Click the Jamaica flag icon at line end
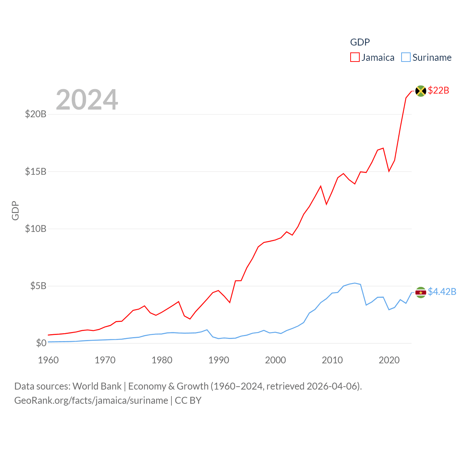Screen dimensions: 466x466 [x=420, y=91]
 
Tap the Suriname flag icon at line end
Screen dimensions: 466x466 [x=420, y=292]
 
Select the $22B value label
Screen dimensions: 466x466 [x=438, y=90]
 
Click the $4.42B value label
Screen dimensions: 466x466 [x=442, y=292]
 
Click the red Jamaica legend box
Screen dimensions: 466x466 [x=355, y=58]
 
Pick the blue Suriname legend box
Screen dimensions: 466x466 [x=406, y=58]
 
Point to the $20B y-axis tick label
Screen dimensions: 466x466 [x=36, y=114]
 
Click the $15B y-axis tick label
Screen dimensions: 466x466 [x=36, y=171]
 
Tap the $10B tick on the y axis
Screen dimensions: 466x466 [x=36, y=229]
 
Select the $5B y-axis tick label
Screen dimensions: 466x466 [x=38, y=286]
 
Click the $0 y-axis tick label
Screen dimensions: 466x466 [x=41, y=343]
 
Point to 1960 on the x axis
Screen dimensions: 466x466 [x=48, y=360]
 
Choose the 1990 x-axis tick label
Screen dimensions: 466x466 [x=218, y=360]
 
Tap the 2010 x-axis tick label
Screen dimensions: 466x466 [x=332, y=360]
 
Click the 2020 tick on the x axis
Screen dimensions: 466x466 [x=389, y=360]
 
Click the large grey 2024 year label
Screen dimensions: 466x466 [x=87, y=100]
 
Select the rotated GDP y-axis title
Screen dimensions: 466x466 [x=15, y=210]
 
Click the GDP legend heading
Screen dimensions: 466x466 [x=360, y=42]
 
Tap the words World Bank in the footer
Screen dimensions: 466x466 [x=97, y=386]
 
